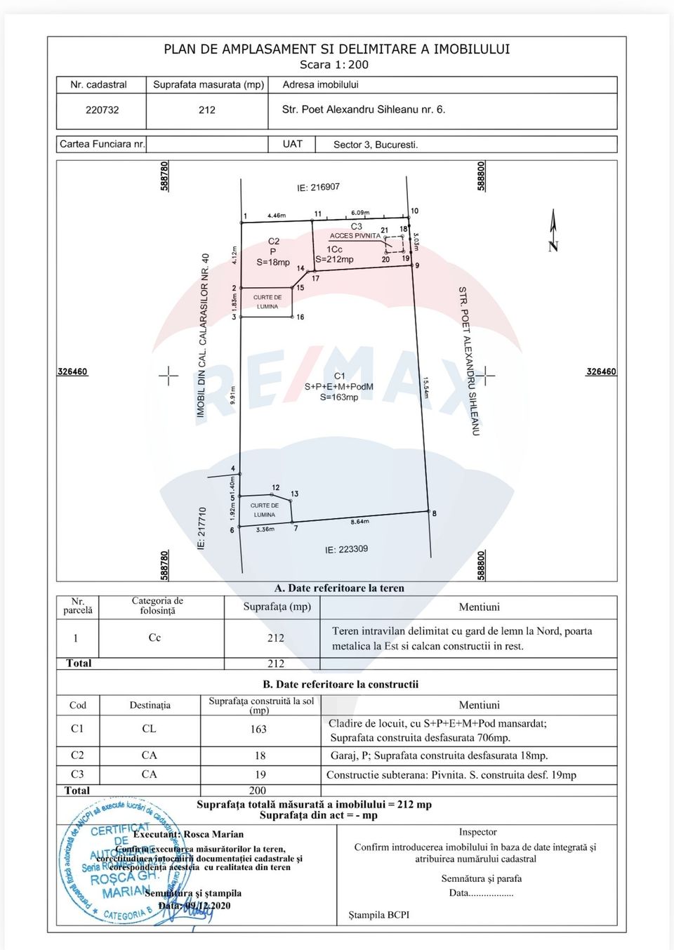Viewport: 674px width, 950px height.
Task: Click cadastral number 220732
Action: point(103,110)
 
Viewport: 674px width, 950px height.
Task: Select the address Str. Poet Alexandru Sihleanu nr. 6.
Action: point(363,110)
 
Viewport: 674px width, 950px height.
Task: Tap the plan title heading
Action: point(337,49)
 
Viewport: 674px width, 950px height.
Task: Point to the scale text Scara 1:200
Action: point(334,65)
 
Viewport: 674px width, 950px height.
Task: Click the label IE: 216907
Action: point(318,187)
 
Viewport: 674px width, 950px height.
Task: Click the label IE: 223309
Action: point(346,549)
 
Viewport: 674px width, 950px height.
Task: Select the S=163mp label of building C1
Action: point(339,397)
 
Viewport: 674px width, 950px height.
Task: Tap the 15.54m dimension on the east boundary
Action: point(425,387)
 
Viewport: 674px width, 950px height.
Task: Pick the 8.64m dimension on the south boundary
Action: point(359,522)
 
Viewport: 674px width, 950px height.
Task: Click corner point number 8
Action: point(434,513)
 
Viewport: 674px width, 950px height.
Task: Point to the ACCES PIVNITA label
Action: point(355,236)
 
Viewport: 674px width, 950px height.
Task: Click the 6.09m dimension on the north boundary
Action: point(360,213)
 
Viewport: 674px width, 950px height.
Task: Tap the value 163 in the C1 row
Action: point(258,729)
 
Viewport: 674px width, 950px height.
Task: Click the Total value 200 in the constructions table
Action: point(258,791)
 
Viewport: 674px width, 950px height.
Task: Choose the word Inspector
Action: point(477,832)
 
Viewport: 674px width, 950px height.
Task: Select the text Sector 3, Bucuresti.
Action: point(376,145)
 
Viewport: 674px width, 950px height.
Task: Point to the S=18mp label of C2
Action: point(273,263)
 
